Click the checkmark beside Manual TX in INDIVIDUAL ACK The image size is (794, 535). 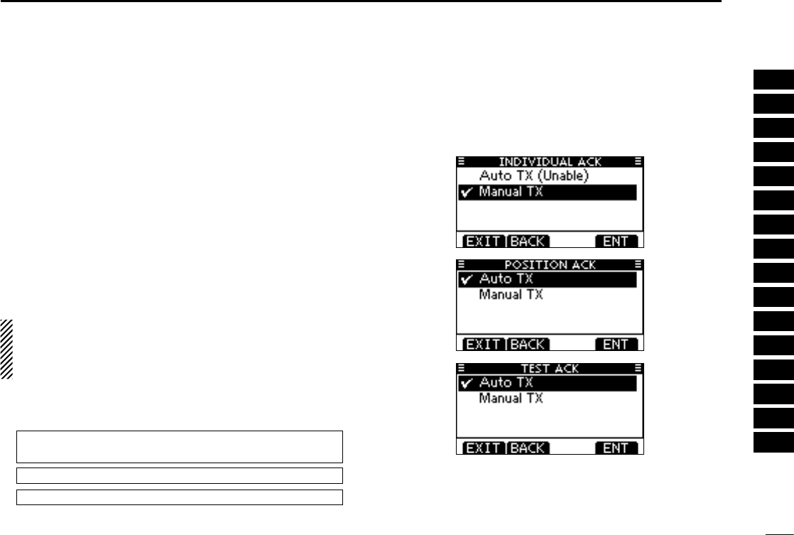pyautogui.click(x=467, y=193)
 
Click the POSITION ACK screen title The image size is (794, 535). pyautogui.click(x=550, y=265)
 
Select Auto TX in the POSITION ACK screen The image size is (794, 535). pyautogui.click(x=506, y=279)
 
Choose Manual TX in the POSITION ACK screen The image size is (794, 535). pyautogui.click(x=511, y=294)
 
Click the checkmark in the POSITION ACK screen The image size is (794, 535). pyautogui.click(x=467, y=280)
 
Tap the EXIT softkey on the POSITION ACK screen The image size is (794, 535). pyautogui.click(x=483, y=345)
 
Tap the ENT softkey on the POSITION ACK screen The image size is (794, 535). pyautogui.click(x=616, y=345)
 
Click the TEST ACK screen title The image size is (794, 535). pyautogui.click(x=550, y=369)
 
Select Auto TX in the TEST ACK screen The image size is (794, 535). pyautogui.click(x=506, y=383)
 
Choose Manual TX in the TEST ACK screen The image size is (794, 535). pyautogui.click(x=511, y=398)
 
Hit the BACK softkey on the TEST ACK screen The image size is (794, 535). pyautogui.click(x=528, y=448)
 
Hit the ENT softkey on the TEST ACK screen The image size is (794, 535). pyautogui.click(x=616, y=448)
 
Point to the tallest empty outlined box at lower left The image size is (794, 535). pyautogui.click(x=179, y=446)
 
